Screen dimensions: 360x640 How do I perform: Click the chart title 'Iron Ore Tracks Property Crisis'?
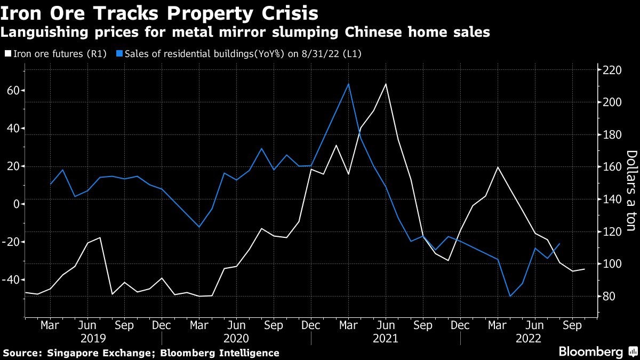[160, 13]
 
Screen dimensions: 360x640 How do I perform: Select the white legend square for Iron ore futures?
[7, 53]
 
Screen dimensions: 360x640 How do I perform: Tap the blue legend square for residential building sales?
[121, 53]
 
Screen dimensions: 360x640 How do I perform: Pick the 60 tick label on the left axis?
[13, 91]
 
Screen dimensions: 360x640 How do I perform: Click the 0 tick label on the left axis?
[16, 204]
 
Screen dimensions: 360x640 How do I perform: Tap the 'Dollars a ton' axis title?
[631, 190]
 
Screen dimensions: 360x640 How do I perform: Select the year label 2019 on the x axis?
[94, 339]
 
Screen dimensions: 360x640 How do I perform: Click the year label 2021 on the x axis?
[386, 339]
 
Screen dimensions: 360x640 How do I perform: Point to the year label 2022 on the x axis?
[528, 339]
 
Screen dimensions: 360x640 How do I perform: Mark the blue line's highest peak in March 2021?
[348, 84]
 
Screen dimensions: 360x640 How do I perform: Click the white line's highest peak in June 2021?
[385, 84]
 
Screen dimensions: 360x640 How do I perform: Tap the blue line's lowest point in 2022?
[510, 296]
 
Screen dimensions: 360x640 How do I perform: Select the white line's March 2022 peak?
[498, 167]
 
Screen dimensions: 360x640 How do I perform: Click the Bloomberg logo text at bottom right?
[590, 351]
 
